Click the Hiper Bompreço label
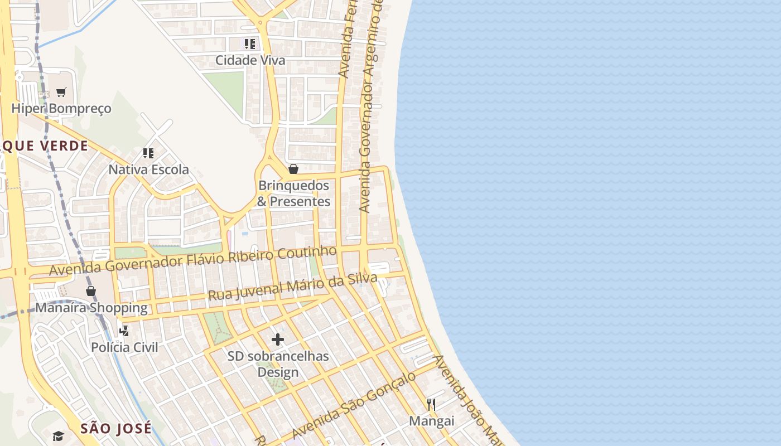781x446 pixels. [x=61, y=108]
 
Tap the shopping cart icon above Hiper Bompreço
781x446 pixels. [x=61, y=93]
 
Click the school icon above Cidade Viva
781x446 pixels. [x=249, y=43]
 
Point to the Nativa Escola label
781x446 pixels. [x=148, y=169]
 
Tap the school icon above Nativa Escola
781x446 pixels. [x=148, y=153]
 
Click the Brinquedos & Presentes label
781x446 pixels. [x=294, y=193]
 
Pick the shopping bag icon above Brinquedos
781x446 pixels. [x=293, y=169]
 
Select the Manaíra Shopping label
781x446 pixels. [x=91, y=308]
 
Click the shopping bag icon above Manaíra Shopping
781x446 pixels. [x=91, y=291]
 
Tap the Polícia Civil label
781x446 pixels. [x=124, y=347]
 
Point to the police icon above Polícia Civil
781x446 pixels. [x=124, y=331]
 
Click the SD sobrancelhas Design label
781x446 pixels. [x=278, y=363]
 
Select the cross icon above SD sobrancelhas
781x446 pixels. [x=277, y=340]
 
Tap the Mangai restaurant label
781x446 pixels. [x=431, y=421]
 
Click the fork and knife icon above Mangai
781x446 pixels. [x=431, y=404]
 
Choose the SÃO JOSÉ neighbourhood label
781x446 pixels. [x=116, y=428]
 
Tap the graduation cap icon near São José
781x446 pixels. [x=59, y=436]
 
